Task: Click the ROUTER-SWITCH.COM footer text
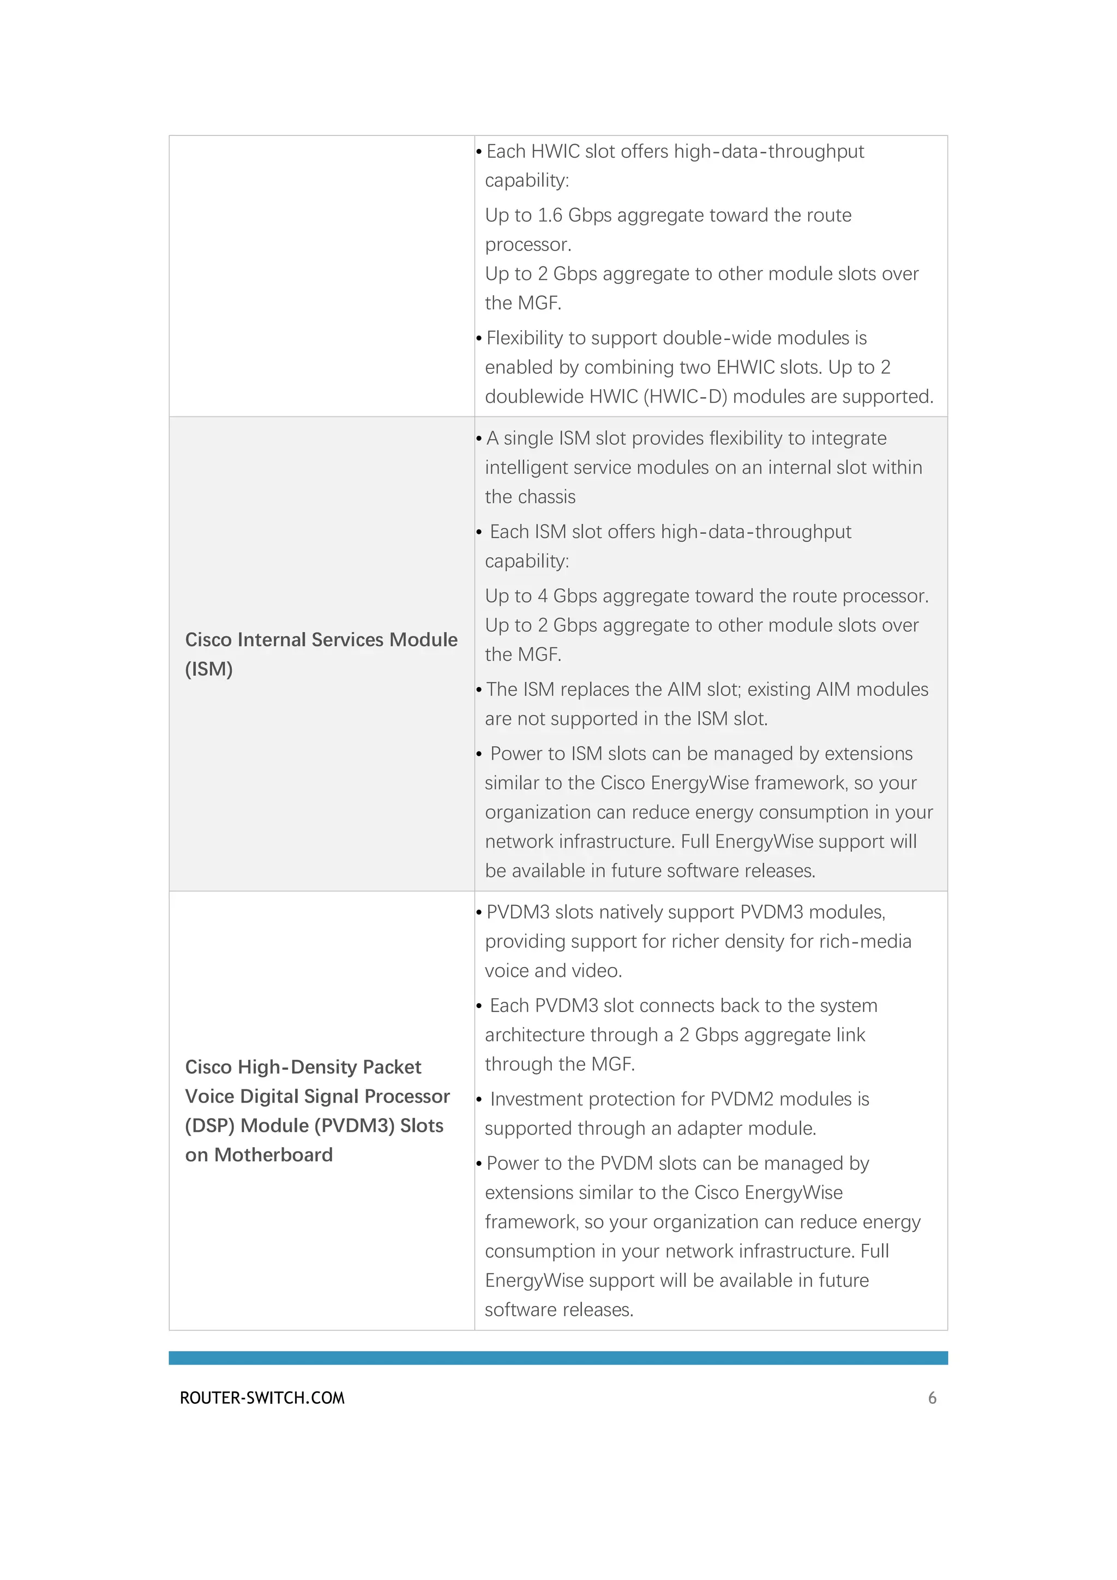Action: [262, 1398]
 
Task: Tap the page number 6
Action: [932, 1398]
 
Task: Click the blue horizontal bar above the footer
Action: [558, 1358]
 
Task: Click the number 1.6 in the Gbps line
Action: [550, 216]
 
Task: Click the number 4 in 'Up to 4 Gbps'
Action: [542, 596]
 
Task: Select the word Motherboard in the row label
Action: [273, 1155]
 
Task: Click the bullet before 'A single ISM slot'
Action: [479, 439]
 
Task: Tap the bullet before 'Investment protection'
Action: [479, 1100]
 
